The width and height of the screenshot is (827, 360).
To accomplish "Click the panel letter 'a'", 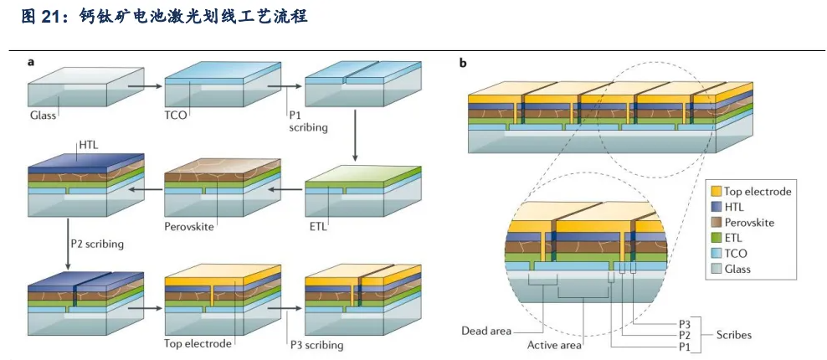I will click(31, 62).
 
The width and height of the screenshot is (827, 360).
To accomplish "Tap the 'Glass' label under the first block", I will click(43, 116).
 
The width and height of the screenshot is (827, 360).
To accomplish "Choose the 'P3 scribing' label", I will click(316, 345).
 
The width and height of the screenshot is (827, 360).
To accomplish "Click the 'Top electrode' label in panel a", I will click(198, 343).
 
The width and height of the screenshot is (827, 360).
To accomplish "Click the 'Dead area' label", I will click(486, 331).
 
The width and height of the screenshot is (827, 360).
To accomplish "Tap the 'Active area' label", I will click(554, 344).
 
